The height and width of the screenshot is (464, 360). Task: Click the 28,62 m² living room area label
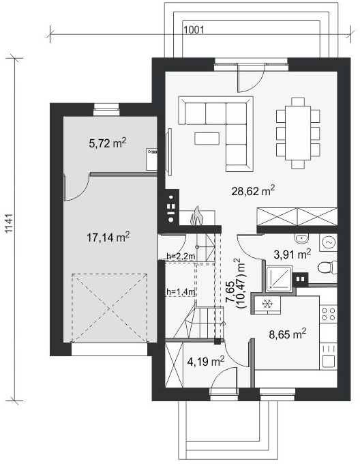coord(254,191)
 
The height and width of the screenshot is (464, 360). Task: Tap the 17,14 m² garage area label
coord(108,237)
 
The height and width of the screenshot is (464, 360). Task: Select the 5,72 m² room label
coord(108,143)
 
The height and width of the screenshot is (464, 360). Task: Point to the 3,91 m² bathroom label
coord(292,254)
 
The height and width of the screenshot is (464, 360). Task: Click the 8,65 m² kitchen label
coord(287,334)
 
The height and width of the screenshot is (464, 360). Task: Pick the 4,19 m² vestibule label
coord(206,361)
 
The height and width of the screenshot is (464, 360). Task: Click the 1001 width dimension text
coord(194,29)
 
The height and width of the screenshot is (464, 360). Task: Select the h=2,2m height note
coord(181,257)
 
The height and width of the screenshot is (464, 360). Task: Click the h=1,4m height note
coord(181,292)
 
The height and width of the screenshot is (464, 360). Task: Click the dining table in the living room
coord(298,133)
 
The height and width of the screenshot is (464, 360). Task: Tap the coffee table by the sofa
coord(207,139)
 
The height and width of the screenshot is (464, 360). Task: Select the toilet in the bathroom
coord(327,267)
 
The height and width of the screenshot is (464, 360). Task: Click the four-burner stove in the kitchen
coord(329,314)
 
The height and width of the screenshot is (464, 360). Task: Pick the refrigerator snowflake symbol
coord(267,304)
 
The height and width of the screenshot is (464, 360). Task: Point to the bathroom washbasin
coord(302,238)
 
